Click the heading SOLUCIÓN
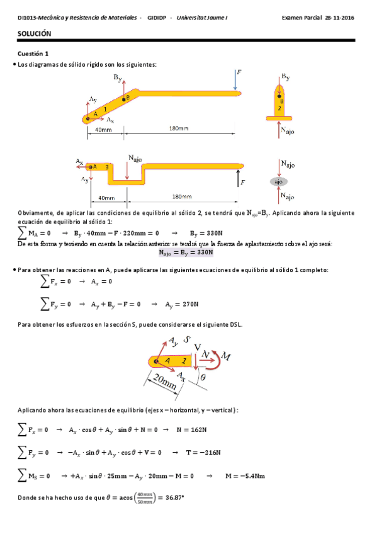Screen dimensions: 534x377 pyautogui.click(x=35, y=33)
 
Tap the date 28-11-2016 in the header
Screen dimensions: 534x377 pyautogui.click(x=339, y=18)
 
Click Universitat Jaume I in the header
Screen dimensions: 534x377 pyautogui.click(x=203, y=18)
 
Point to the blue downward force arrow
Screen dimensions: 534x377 pyautogui.click(x=235, y=80)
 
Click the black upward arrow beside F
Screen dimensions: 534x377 pyautogui.click(x=239, y=181)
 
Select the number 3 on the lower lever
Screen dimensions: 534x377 pyautogui.click(x=107, y=166)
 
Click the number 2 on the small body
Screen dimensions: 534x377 pyautogui.click(x=279, y=108)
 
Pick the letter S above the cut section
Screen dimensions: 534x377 pyautogui.click(x=187, y=339)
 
